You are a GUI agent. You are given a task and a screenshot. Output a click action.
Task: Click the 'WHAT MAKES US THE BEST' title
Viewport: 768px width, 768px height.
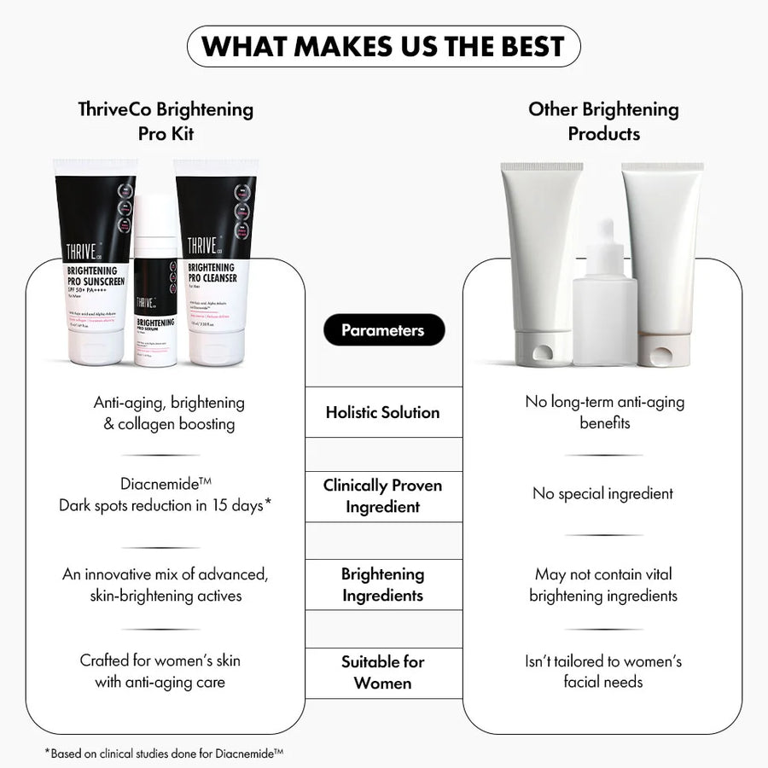tap(383, 46)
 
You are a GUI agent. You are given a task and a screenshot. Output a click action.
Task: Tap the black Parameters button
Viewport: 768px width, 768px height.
tap(383, 330)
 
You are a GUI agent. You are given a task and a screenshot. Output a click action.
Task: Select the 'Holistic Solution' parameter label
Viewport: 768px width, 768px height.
tap(383, 412)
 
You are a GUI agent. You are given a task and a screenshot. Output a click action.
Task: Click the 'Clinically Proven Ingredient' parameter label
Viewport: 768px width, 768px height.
tap(383, 496)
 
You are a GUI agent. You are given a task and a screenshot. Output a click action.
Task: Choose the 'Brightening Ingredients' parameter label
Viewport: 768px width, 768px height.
tap(383, 585)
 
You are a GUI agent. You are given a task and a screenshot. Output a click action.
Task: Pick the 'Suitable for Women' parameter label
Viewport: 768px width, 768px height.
tap(383, 672)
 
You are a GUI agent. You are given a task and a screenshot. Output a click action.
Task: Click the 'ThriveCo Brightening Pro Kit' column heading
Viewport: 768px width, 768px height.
tap(166, 121)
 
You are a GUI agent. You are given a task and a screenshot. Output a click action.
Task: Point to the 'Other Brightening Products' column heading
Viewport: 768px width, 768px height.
tap(603, 121)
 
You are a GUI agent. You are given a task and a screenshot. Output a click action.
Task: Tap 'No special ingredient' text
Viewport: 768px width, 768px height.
tap(603, 493)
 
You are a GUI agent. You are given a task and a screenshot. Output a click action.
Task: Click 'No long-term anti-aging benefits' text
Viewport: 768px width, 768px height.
tap(603, 412)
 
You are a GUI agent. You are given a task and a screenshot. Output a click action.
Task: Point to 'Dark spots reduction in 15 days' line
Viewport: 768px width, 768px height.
tap(166, 505)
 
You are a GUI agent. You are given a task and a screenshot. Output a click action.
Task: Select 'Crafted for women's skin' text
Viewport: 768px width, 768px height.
tap(160, 660)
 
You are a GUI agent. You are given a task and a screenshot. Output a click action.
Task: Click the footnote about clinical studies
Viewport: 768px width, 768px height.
tap(164, 753)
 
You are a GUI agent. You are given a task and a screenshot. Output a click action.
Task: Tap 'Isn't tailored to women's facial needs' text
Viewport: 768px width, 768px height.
tap(603, 672)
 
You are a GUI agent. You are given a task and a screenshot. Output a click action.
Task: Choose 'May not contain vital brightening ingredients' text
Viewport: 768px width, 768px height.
tap(603, 585)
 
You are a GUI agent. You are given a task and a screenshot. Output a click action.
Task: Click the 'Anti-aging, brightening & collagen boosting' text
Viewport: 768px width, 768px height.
tap(169, 412)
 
